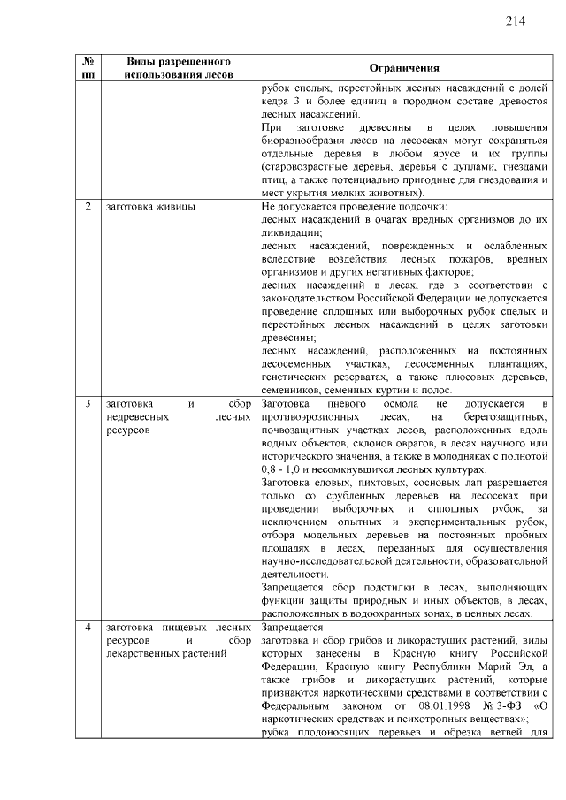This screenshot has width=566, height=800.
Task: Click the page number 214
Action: pyautogui.click(x=517, y=20)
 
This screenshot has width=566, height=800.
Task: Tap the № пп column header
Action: pyautogui.click(x=88, y=69)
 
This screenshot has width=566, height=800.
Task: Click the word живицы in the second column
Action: pyautogui.click(x=176, y=207)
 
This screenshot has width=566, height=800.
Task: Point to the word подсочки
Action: pyautogui.click(x=425, y=207)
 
